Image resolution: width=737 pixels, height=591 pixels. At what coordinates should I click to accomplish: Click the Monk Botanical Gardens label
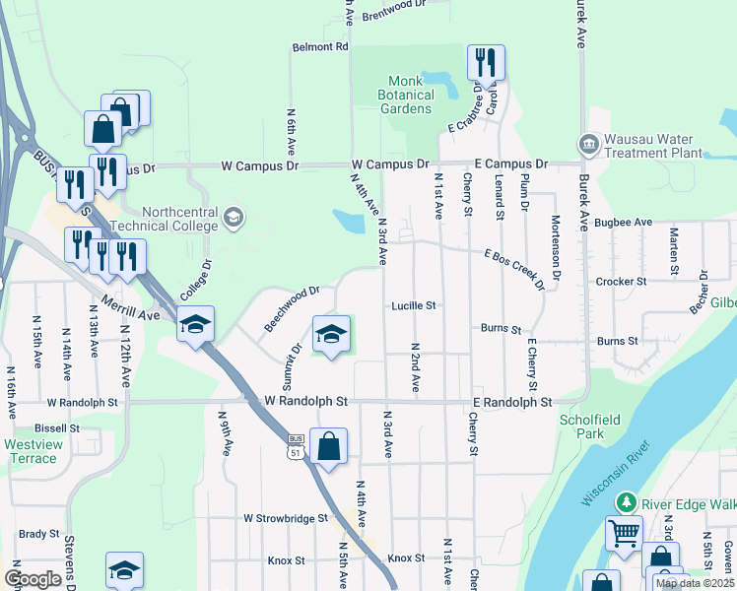pos(406,95)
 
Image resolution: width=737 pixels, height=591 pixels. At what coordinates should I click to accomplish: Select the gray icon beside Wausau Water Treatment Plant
pos(589,146)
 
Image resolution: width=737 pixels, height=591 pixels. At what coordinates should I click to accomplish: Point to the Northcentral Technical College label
pos(179,219)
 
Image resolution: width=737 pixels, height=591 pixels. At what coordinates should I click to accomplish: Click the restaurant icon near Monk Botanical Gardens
pos(485,63)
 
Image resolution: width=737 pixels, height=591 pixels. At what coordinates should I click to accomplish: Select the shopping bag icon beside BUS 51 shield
pos(328,447)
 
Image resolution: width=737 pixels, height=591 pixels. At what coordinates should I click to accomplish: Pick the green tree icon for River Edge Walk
pos(625,503)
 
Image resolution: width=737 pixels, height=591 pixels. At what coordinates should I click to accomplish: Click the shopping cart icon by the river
pos(623,535)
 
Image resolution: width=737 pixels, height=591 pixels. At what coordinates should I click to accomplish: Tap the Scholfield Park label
pos(590,426)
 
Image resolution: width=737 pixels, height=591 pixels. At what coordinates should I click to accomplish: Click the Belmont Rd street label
pos(321,46)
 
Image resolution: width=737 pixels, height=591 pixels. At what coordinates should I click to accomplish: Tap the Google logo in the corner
pos(33,579)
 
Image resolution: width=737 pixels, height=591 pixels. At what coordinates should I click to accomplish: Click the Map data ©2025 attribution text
pos(694,583)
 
